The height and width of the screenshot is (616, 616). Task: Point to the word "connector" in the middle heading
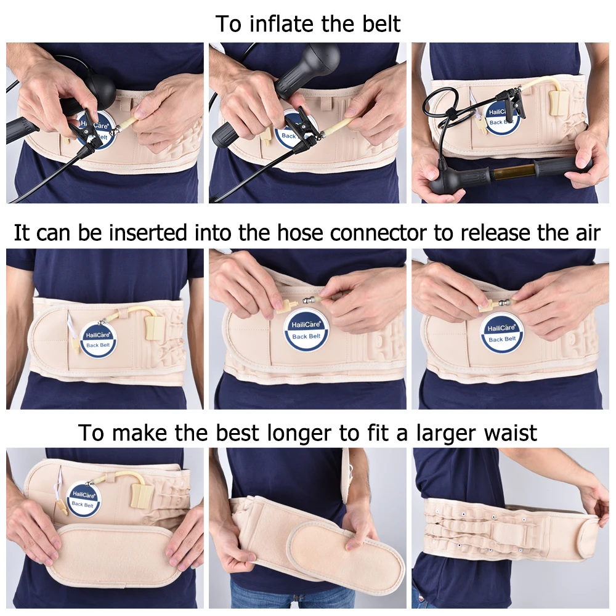coord(378,233)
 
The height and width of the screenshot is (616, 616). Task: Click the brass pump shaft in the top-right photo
coord(510,171)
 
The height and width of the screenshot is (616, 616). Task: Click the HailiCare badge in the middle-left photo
coord(98,339)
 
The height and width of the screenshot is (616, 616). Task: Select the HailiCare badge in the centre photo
coord(306,330)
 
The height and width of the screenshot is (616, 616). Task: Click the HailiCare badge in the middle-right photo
coord(501,333)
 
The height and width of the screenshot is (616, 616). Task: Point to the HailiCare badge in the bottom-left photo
coord(83,500)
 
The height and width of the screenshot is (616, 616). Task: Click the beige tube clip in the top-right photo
coord(557,103)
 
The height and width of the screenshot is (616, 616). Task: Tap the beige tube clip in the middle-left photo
coord(155,328)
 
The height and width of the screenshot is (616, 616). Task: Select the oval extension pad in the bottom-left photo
coord(111,554)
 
